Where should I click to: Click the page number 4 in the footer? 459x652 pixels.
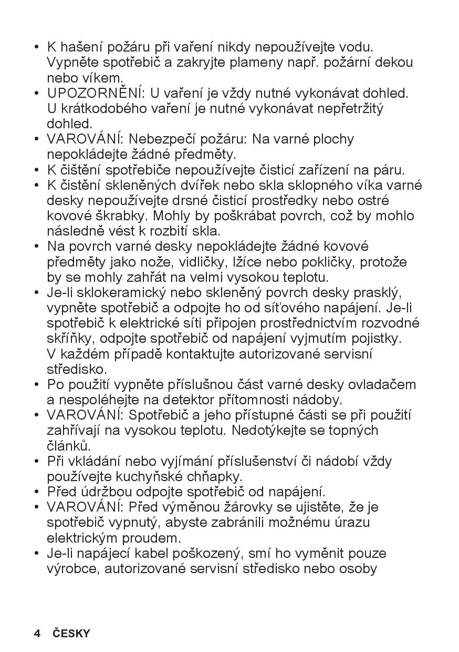(x=37, y=633)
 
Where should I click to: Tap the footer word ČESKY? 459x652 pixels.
(x=71, y=633)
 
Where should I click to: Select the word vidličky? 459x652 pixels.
(x=202, y=262)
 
